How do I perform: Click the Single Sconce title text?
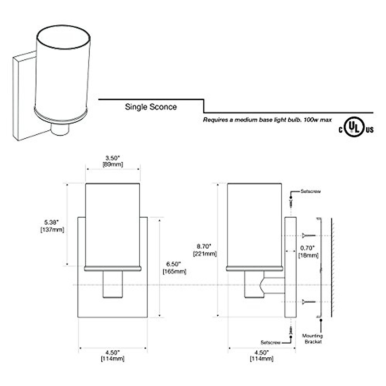click(151, 107)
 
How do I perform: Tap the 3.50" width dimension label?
click(113, 161)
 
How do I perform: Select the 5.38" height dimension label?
click(52, 226)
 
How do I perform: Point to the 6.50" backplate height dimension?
click(174, 268)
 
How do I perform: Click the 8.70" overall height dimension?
click(205, 250)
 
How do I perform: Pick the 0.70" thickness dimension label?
click(308, 252)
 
